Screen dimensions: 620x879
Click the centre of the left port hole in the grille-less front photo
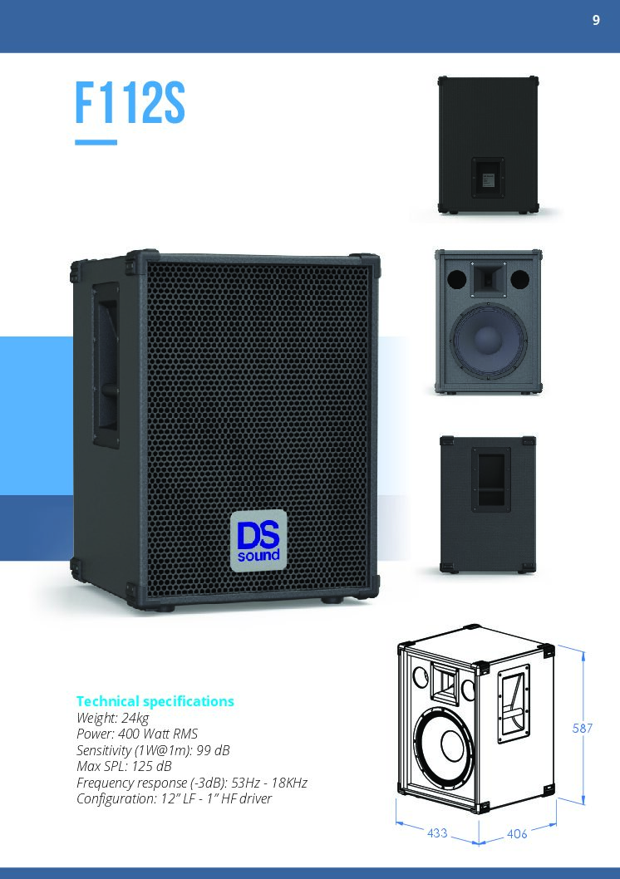(456, 278)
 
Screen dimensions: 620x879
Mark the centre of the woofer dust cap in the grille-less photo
(487, 338)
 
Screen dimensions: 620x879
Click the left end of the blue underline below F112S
(75, 142)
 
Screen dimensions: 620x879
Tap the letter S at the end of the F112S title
(175, 104)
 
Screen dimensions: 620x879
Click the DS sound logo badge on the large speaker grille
(258, 540)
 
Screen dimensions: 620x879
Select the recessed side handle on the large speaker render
(106, 365)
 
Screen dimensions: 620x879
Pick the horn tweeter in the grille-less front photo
(488, 279)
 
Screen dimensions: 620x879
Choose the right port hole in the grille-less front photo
(519, 278)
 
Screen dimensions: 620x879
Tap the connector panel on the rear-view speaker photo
(488, 177)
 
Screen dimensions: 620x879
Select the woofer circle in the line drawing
(443, 745)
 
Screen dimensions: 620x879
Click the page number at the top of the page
(596, 20)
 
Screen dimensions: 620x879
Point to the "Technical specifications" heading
(155, 700)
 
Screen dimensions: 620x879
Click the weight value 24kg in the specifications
(135, 718)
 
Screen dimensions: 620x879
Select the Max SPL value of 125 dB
(151, 766)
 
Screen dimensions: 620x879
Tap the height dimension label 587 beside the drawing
(583, 728)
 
